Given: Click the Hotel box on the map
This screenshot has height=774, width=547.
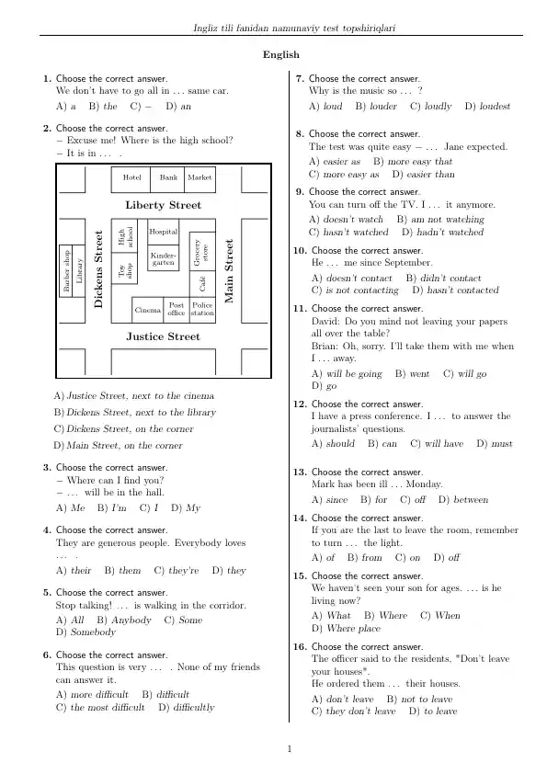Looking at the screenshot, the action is click(x=131, y=179).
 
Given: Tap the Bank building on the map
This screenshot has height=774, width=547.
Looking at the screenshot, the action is click(x=168, y=179).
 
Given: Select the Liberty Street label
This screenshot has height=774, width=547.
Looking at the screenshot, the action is click(x=164, y=205).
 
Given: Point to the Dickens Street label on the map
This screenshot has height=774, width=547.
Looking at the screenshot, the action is click(x=98, y=269).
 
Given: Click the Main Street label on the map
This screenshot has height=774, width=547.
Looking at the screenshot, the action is click(x=229, y=271).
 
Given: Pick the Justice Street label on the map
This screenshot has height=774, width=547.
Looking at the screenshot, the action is click(x=164, y=336).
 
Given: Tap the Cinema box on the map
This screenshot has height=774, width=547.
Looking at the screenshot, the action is click(x=148, y=310).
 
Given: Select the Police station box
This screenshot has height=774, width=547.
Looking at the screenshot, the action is click(x=202, y=310).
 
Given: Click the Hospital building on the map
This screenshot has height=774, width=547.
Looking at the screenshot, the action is click(x=164, y=232).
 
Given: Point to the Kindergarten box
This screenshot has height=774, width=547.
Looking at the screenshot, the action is click(x=164, y=257).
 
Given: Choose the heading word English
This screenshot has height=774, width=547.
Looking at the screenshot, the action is click(x=281, y=55).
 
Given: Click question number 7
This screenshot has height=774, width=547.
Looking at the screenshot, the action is click(x=300, y=78).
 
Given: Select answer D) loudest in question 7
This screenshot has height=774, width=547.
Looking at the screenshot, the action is click(x=487, y=106).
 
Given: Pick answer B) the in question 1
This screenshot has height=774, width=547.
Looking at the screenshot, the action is click(x=103, y=106).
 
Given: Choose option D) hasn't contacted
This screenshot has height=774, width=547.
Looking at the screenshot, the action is click(x=455, y=290).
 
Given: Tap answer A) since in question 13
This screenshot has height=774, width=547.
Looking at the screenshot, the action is click(x=330, y=499).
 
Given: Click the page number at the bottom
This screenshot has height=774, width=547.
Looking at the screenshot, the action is click(x=290, y=749).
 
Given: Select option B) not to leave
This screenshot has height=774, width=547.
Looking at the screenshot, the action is click(x=419, y=699).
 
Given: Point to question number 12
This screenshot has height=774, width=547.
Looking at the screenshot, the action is click(x=300, y=404).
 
